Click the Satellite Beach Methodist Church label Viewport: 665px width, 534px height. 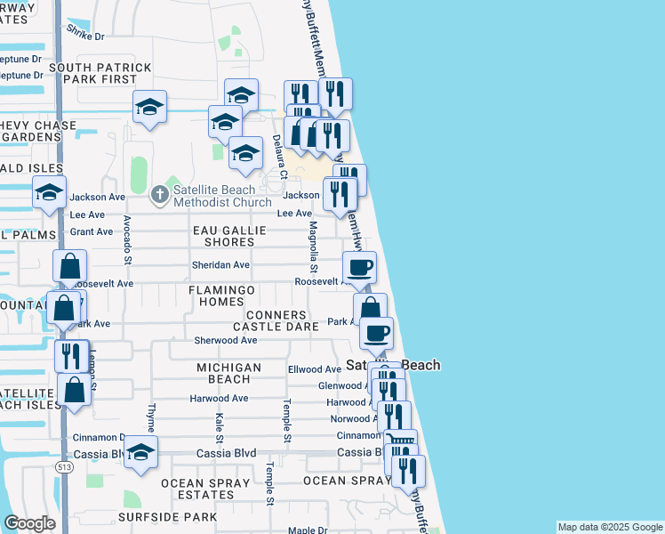(x=221, y=196)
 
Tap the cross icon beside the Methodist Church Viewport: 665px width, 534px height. (x=160, y=193)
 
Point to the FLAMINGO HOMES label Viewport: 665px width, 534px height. (x=222, y=295)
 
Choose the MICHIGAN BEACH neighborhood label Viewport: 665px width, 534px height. (x=228, y=373)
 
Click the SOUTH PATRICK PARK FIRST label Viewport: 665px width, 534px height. (x=100, y=74)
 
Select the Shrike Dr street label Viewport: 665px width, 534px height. (x=85, y=32)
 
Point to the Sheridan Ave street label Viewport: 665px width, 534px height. (x=220, y=265)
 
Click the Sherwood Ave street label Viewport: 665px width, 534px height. (x=226, y=340)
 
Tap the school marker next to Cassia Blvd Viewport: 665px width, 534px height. (x=140, y=453)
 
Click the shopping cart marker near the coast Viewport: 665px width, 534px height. (x=400, y=441)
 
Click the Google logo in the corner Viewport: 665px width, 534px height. (x=29, y=523)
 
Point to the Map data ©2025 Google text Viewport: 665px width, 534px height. (x=610, y=527)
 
